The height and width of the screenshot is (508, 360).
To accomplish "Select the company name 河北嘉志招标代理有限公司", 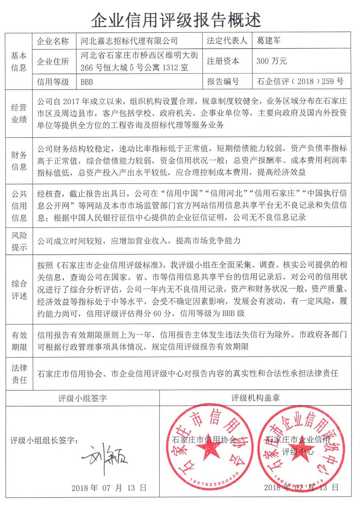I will pos(129,41).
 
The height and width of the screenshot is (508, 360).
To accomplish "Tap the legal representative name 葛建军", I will pos(269,40).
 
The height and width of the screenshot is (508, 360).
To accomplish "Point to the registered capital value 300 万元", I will pos(271,61).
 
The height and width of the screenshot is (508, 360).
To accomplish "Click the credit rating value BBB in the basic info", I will pos(87,82).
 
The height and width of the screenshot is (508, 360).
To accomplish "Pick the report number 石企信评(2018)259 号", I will pos(300,82).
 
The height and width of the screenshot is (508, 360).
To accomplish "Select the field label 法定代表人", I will pos(227,41).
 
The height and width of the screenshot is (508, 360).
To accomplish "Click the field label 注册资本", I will pos(223,61).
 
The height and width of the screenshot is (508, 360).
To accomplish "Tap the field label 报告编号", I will pos(223,82).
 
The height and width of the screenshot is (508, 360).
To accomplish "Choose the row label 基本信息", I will pos(19,62).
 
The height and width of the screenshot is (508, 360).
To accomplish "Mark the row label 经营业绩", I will pos(19,113).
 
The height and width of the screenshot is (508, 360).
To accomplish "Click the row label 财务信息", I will pos(19,161).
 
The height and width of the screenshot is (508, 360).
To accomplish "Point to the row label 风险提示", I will pos(19,241).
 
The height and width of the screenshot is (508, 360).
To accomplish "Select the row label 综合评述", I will pos(19,290).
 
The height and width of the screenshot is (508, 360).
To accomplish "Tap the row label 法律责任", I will pos(19,374).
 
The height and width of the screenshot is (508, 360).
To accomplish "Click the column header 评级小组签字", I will pos(82,398).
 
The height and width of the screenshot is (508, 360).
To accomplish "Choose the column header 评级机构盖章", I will pos(255,398).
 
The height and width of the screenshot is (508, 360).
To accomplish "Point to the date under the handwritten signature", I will pos(109,488).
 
